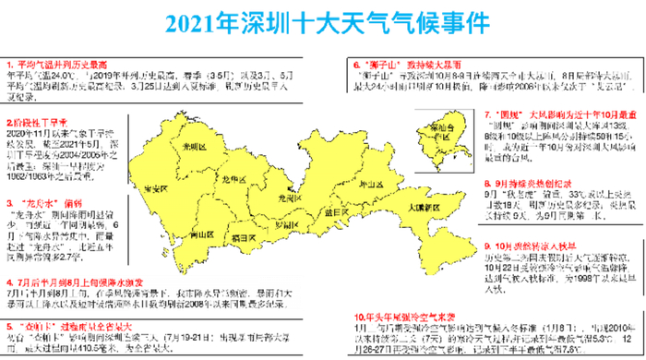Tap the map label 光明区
191,148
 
